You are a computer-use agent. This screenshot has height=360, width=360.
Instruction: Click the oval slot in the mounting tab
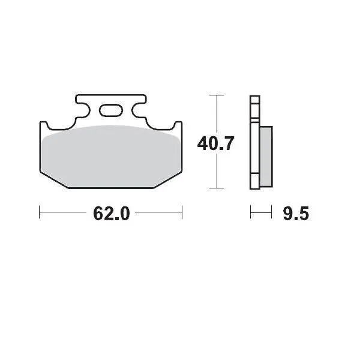pyautogui.click(x=110, y=110)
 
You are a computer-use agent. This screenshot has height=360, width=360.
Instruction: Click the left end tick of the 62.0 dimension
pyautogui.click(x=40, y=211)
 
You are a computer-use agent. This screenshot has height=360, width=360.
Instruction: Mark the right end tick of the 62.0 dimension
pyautogui.click(x=182, y=211)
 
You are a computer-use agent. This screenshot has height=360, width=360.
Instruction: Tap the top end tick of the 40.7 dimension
pyautogui.click(x=217, y=95)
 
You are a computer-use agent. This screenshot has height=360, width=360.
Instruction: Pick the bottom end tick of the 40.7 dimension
pyautogui.click(x=217, y=188)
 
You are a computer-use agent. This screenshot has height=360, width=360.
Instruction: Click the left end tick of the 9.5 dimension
pyautogui.click(x=250, y=211)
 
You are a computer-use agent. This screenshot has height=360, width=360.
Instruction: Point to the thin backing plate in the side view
pyautogui.click(x=254, y=144)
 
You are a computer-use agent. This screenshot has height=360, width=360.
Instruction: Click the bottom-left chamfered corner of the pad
pyautogui.click(x=54, y=180)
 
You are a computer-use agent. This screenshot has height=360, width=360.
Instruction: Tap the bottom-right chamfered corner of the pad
pyautogui.click(x=167, y=180)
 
